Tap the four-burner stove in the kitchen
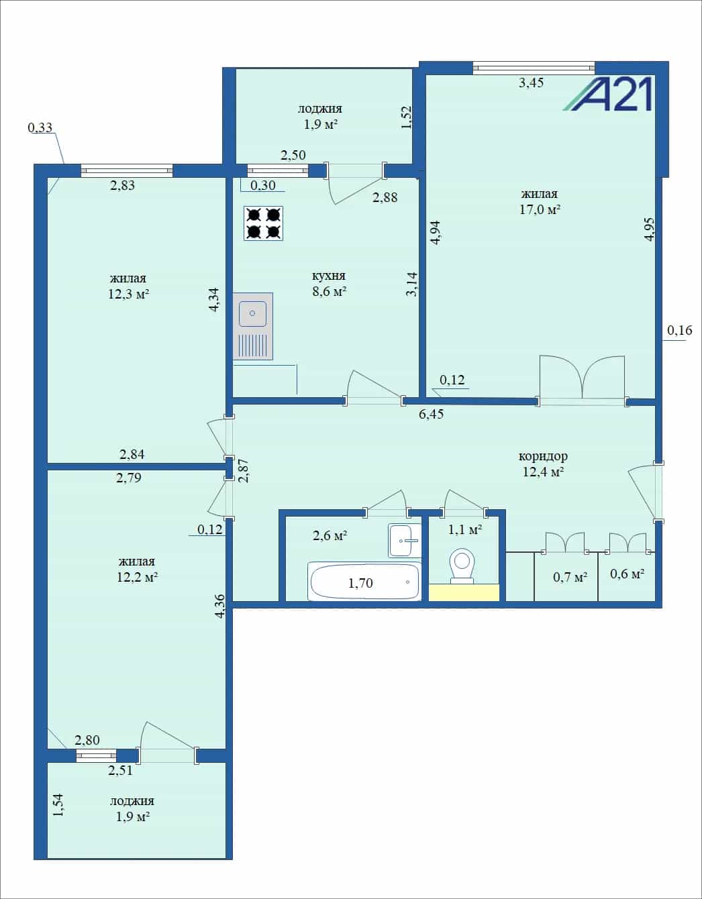(x=264, y=223)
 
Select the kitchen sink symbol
(x=253, y=326)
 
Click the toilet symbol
(x=462, y=566)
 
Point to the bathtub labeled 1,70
(x=364, y=581)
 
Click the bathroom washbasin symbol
(x=404, y=540)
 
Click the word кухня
(x=328, y=276)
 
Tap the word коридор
(x=543, y=456)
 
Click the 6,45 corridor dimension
(x=431, y=414)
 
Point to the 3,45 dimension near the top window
(x=531, y=83)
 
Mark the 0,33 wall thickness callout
(x=40, y=127)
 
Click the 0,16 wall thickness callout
(x=679, y=330)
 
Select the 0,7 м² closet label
(x=570, y=577)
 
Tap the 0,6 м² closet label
(x=627, y=574)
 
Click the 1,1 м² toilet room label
(x=465, y=529)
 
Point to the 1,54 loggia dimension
(x=59, y=804)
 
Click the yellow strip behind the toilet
(x=464, y=592)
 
